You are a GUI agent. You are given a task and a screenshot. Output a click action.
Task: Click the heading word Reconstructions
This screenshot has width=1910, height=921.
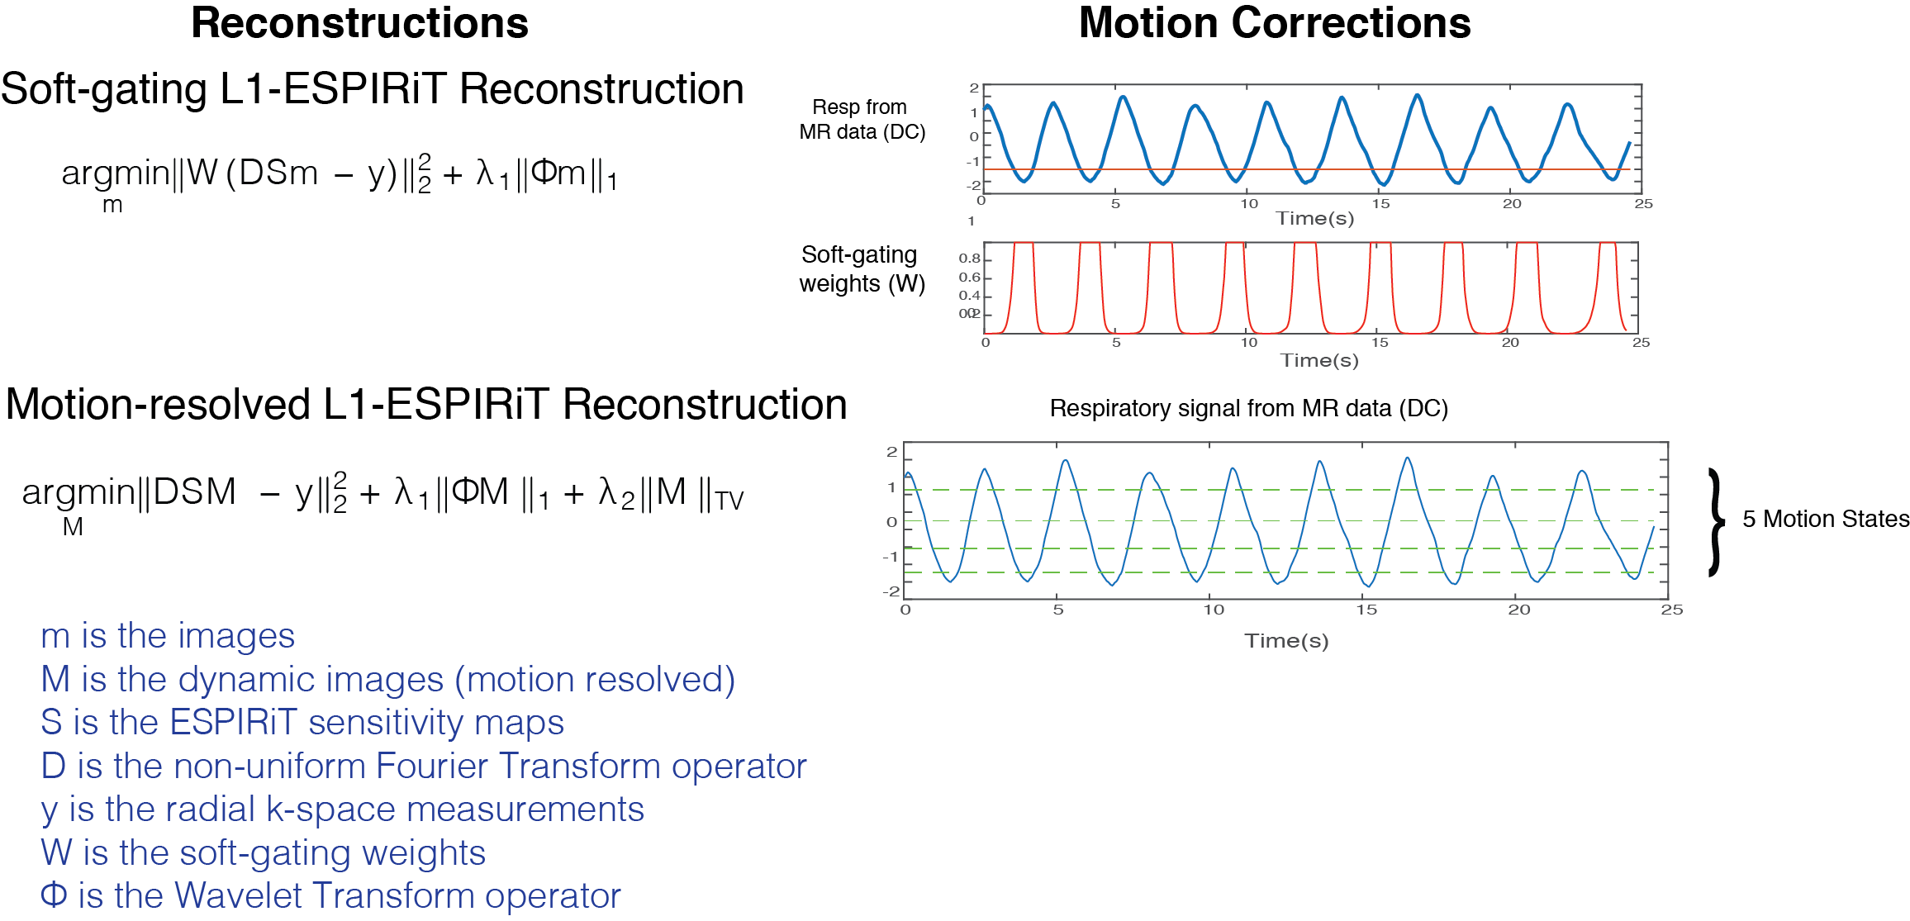(359, 23)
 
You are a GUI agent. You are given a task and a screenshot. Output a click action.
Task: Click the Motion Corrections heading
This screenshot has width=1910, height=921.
(1275, 23)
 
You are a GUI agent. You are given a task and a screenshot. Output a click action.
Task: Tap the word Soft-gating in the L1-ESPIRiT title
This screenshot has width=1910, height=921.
(104, 89)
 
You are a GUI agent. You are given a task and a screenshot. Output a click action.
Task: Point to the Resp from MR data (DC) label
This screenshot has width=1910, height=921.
(861, 120)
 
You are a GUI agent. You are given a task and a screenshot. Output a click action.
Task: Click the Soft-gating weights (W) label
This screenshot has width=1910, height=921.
(861, 269)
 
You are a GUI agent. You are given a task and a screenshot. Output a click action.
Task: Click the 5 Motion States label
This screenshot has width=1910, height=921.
(1826, 519)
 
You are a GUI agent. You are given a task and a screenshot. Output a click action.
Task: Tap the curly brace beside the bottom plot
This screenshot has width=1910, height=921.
(1717, 521)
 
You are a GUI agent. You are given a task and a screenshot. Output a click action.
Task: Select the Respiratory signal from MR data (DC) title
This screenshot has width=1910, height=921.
(1248, 408)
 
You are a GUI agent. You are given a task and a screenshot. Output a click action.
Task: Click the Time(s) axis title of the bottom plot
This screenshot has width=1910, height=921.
(1286, 641)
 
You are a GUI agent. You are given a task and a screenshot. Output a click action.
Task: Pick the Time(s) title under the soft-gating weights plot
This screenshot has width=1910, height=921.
(1319, 361)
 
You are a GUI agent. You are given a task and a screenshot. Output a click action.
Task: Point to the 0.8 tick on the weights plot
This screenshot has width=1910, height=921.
(969, 259)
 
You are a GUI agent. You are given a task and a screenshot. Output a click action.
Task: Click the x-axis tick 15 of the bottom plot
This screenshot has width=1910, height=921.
(1366, 610)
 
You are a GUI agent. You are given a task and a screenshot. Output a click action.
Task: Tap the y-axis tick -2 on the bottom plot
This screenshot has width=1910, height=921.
(891, 591)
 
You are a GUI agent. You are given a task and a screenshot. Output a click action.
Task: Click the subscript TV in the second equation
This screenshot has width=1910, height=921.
(729, 501)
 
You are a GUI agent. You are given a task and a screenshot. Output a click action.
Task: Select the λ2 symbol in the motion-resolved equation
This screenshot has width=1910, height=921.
(616, 493)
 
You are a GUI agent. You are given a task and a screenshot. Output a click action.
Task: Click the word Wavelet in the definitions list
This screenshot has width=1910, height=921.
(239, 896)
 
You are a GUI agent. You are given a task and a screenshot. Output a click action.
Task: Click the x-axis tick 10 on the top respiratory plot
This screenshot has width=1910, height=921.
(1249, 204)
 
